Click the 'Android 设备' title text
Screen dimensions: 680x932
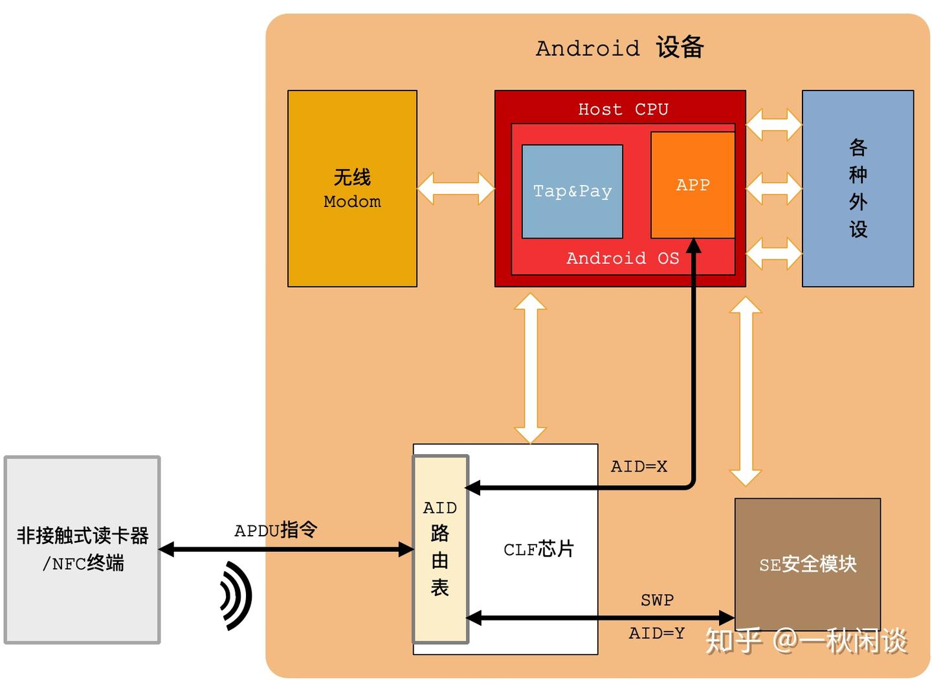click(x=619, y=48)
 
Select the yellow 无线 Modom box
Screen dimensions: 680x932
click(x=352, y=188)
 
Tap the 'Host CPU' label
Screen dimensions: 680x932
click(x=623, y=109)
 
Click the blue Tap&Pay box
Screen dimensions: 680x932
click(x=572, y=192)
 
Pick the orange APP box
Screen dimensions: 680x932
click(x=693, y=185)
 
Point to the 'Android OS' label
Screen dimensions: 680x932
click(x=623, y=258)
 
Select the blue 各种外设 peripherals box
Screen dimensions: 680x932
click(x=858, y=188)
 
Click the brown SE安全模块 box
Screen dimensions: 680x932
click(x=807, y=564)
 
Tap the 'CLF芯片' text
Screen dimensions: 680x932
click(x=538, y=549)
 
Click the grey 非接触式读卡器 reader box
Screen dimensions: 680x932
click(x=82, y=549)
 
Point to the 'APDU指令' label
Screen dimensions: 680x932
click(x=276, y=530)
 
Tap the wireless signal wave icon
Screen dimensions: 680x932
click(x=236, y=595)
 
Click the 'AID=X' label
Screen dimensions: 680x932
click(x=639, y=466)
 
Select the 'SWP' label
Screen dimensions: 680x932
click(x=657, y=600)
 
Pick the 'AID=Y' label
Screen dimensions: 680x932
click(x=656, y=633)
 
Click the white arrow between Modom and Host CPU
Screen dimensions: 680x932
click(x=456, y=188)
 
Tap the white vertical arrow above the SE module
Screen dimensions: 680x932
click(x=746, y=391)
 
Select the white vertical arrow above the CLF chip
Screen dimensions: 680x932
click(x=530, y=368)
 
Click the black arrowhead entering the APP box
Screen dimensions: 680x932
click(x=693, y=246)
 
